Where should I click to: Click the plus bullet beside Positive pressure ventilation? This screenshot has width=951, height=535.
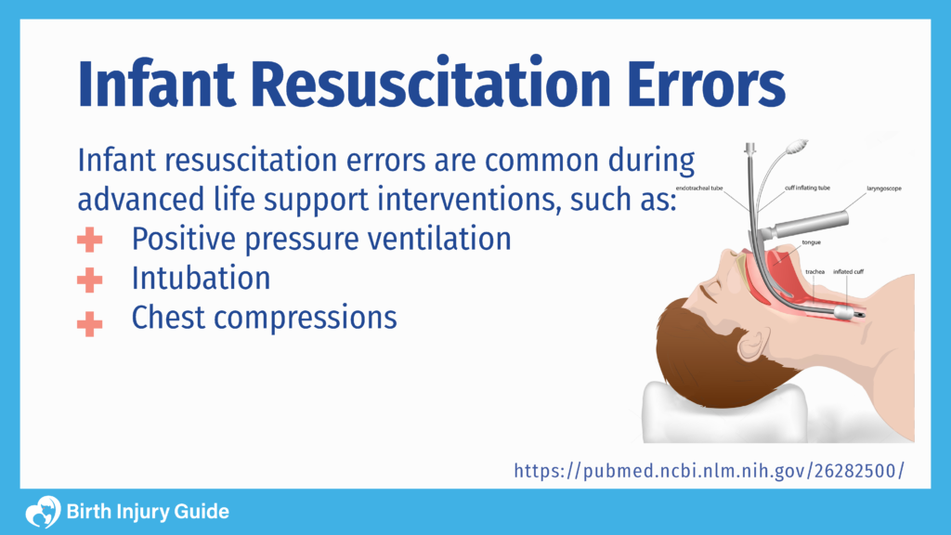(x=90, y=240)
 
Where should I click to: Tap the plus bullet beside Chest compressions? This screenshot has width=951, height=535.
(x=90, y=321)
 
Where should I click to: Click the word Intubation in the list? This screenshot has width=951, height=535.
(x=201, y=278)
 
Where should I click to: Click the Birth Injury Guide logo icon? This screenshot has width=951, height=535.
(x=41, y=512)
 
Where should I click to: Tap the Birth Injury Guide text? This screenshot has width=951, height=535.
(x=148, y=512)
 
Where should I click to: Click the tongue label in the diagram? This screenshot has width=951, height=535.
(x=810, y=242)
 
